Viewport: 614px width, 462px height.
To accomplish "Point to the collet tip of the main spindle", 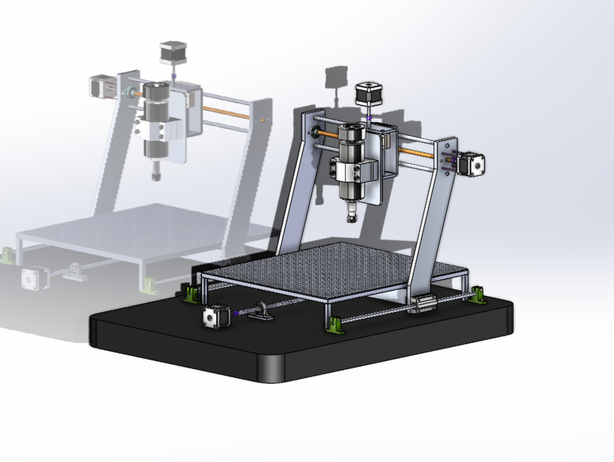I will point(351,215).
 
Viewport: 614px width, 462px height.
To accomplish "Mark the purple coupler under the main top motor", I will point(369,118).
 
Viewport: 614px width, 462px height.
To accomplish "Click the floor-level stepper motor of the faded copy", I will point(32,278).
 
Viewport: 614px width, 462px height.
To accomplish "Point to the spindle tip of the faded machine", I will point(155,173).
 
